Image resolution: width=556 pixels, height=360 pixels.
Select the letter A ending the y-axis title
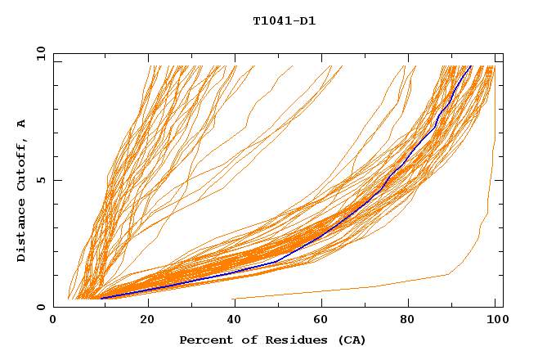(x=22, y=123)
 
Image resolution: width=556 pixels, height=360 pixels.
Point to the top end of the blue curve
(x=471, y=66)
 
